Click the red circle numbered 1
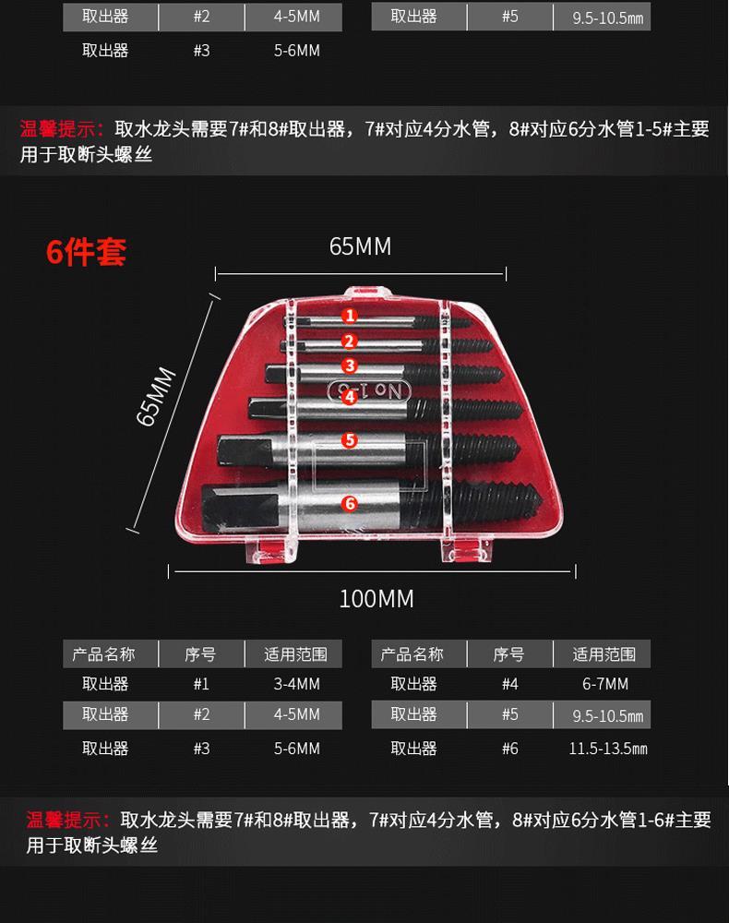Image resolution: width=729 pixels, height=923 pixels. pyautogui.click(x=350, y=316)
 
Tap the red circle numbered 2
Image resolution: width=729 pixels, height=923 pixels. pyautogui.click(x=350, y=342)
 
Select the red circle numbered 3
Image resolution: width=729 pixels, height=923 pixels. pyautogui.click(x=350, y=366)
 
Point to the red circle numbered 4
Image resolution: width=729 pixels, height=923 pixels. pyautogui.click(x=350, y=397)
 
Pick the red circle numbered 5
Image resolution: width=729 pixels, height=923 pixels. pyautogui.click(x=350, y=439)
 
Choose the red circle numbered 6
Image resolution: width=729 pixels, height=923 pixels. pyautogui.click(x=350, y=503)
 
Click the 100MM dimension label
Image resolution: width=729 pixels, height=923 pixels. pyautogui.click(x=376, y=599)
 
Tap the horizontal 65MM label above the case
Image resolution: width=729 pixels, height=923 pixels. pyautogui.click(x=360, y=246)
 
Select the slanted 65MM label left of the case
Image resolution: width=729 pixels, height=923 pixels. pyautogui.click(x=156, y=396)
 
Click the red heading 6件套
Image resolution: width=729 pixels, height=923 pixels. pyautogui.click(x=86, y=252)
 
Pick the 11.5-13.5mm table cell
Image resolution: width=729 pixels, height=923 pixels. pyautogui.click(x=608, y=749)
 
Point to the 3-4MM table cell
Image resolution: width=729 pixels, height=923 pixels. pyautogui.click(x=296, y=684)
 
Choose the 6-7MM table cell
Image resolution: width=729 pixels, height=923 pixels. pyautogui.click(x=604, y=684)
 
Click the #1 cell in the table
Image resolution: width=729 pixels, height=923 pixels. pyautogui.click(x=201, y=684)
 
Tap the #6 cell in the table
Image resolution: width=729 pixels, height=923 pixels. pyautogui.click(x=509, y=749)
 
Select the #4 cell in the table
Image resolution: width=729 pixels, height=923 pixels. pyautogui.click(x=509, y=684)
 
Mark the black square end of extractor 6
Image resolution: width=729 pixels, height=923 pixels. pyautogui.click(x=240, y=506)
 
